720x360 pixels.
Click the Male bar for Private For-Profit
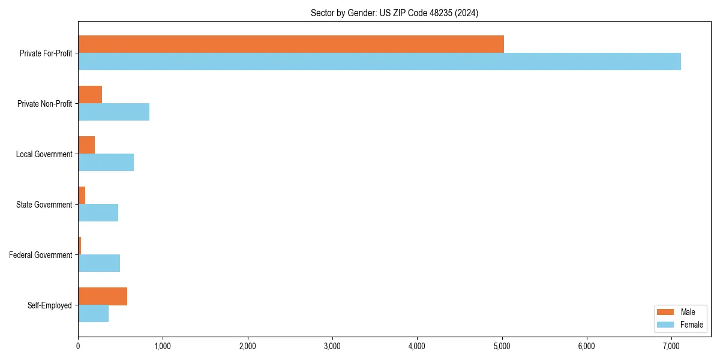[291, 44]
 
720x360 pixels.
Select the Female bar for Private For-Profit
[379, 61]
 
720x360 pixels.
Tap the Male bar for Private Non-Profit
[90, 95]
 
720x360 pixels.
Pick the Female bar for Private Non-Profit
[113, 112]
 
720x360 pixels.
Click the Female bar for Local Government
[106, 162]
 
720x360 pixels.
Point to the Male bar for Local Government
[86, 145]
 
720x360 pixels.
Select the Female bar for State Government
[98, 212]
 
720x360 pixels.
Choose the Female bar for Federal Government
[99, 263]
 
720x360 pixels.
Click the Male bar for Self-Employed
[103, 296]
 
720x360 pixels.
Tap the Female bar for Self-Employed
[93, 313]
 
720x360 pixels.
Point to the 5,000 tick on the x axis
[502, 346]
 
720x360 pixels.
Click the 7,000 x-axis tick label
[671, 346]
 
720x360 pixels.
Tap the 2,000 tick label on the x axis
[247, 346]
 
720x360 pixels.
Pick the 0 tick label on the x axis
[78, 346]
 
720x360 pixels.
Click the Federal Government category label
[41, 255]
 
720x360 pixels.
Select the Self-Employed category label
[50, 305]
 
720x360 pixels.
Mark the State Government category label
[44, 205]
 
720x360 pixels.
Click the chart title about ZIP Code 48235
[394, 13]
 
